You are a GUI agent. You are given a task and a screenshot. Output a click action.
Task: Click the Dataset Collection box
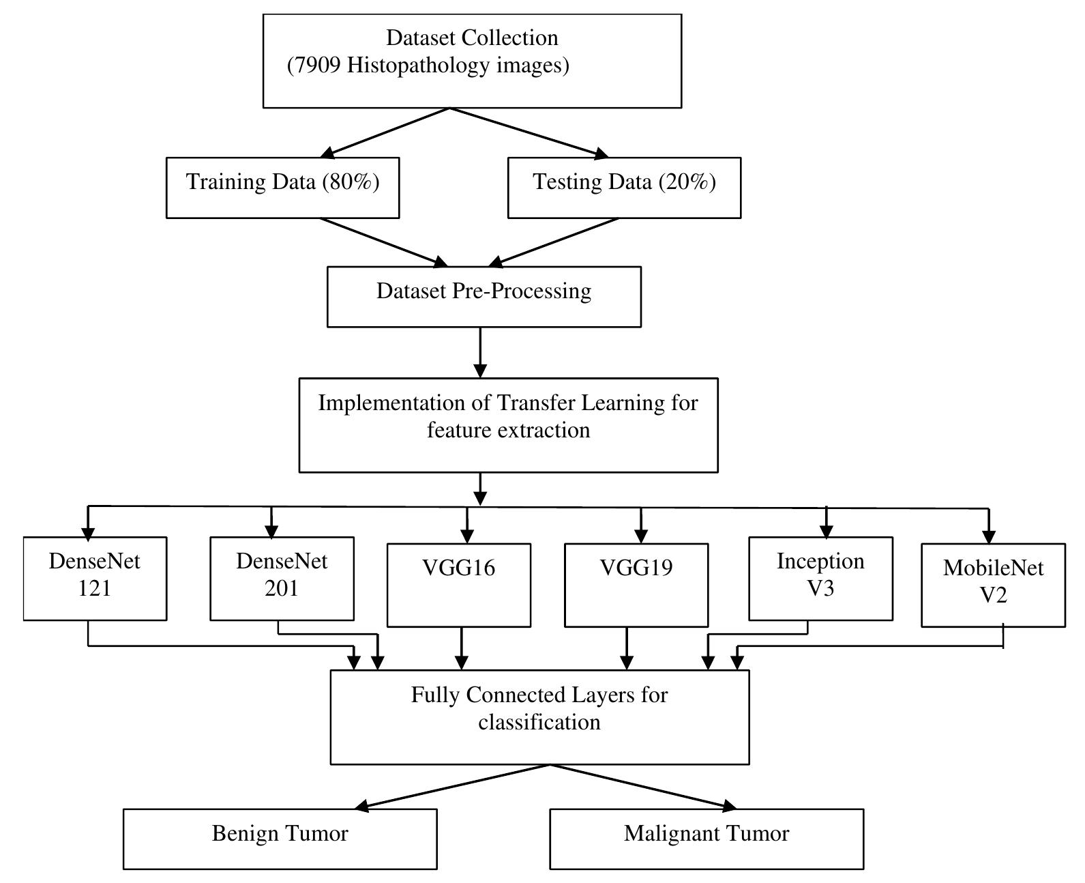pos(472,61)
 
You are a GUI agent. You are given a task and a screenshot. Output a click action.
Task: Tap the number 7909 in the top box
pos(314,66)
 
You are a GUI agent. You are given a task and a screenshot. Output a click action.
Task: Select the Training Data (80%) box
pos(282,188)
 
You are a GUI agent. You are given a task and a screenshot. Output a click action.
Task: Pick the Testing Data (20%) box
pos(624,188)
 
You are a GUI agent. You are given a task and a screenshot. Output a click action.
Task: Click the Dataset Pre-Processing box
pos(484,296)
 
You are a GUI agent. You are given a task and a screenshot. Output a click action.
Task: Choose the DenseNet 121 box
pos(95,578)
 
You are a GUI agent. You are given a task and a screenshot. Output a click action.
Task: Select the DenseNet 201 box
pos(282,578)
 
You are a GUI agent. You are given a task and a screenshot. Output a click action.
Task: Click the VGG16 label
pos(458,568)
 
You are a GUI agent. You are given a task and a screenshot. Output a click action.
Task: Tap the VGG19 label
pos(636,568)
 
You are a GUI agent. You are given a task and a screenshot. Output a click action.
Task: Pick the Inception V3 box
pos(820,578)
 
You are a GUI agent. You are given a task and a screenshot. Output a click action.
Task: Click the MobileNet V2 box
pos(993,585)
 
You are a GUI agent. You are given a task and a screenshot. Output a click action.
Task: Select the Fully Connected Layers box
pos(539,716)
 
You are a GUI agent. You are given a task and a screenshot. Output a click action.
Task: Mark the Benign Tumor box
pos(280,839)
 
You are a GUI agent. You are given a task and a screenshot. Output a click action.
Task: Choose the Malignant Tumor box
pos(707,839)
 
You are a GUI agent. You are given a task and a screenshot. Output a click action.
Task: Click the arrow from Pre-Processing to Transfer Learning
pos(480,352)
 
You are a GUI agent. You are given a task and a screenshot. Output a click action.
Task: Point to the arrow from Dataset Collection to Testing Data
pos(529,133)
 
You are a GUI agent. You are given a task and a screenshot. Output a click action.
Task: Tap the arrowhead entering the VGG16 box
pos(467,534)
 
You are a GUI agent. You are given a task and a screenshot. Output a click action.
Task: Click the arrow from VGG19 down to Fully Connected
pos(627,648)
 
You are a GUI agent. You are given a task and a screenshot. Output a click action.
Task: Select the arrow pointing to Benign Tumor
pos(450,787)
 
